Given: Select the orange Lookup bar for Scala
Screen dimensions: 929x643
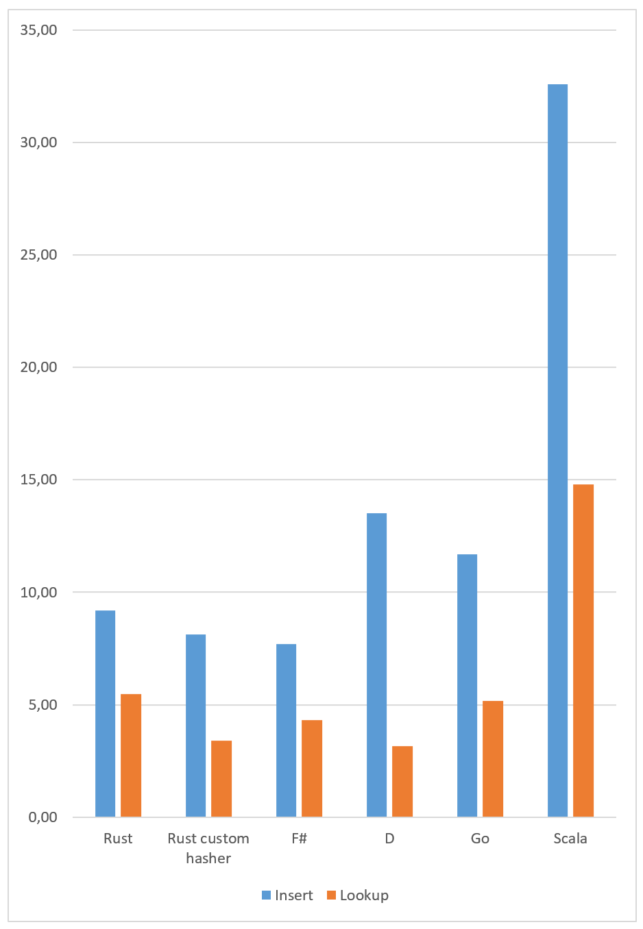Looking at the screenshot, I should pos(583,650).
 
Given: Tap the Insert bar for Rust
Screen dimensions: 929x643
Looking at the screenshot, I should pos(105,713).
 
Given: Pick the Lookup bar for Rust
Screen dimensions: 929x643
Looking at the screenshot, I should pos(131,755).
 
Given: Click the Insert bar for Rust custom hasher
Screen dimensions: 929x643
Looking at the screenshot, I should pos(195,726).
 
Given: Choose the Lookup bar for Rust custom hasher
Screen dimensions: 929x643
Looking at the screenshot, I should pos(221,778).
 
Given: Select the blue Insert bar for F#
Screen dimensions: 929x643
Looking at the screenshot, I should pos(286,730).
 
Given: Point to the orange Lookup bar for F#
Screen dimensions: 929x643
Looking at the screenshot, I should pos(312,768).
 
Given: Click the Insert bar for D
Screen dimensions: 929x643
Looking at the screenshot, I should pos(376,665).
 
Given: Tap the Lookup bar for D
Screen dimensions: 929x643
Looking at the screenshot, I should pos(402,781).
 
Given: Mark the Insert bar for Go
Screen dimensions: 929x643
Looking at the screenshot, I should pos(467,685).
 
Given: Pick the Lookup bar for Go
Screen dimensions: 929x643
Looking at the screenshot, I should pos(493,758).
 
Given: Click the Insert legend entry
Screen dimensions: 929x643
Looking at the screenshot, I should pos(287,895).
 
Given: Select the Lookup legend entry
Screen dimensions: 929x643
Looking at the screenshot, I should pos(358,895).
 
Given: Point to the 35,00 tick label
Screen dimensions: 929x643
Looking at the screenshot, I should pos(38,30).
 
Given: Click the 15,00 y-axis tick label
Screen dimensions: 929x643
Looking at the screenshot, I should pos(38,480).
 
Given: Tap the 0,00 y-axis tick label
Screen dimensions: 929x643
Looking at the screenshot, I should pos(43,817).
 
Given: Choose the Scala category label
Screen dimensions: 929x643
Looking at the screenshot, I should pos(570,839).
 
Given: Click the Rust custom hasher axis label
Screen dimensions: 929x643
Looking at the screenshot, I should pos(208,848).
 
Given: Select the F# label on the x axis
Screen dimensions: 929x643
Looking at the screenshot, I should pos(299,839).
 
